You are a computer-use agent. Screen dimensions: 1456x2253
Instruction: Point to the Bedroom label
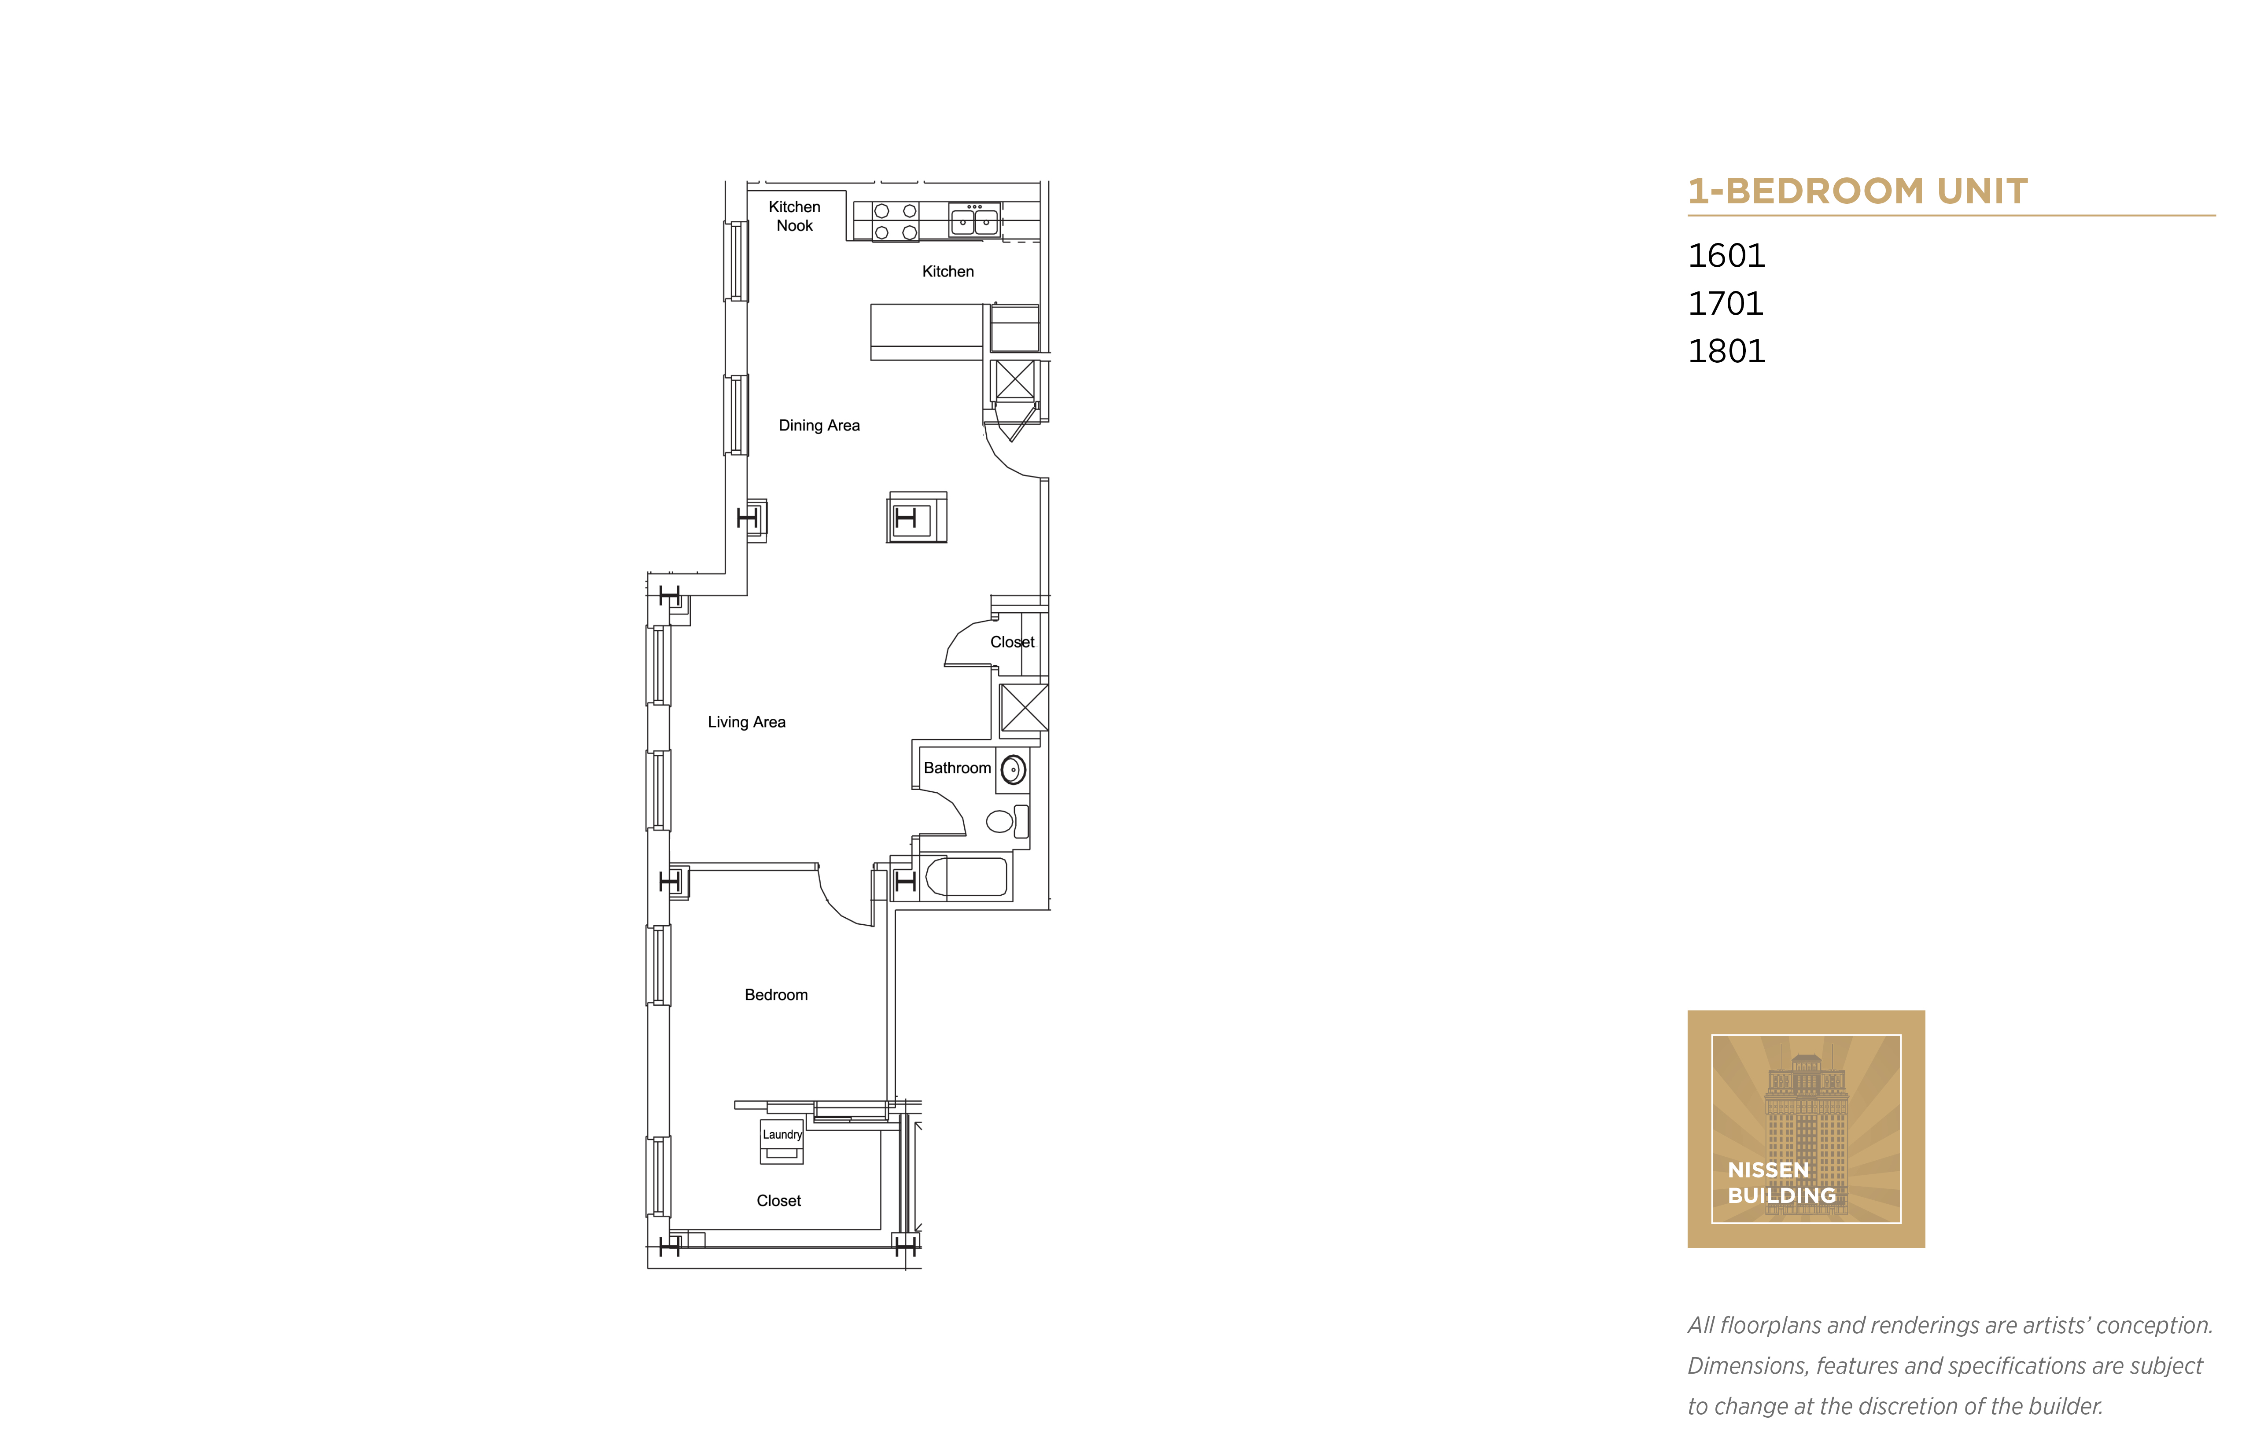pyautogui.click(x=776, y=995)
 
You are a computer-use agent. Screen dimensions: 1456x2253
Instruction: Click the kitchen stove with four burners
pyautogui.click(x=895, y=221)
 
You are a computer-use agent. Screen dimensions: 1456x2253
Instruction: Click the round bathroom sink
pyautogui.click(x=1013, y=771)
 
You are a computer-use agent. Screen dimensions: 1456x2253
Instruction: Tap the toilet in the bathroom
pyautogui.click(x=1004, y=821)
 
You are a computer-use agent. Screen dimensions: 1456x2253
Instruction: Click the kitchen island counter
pyautogui.click(x=927, y=331)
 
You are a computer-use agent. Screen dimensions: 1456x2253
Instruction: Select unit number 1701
pyautogui.click(x=1726, y=304)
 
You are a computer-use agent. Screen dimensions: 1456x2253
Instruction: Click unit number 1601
pyautogui.click(x=1726, y=255)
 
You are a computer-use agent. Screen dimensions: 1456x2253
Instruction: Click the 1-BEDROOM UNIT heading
pyautogui.click(x=1857, y=191)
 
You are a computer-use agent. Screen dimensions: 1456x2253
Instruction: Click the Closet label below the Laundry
pyautogui.click(x=778, y=1201)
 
